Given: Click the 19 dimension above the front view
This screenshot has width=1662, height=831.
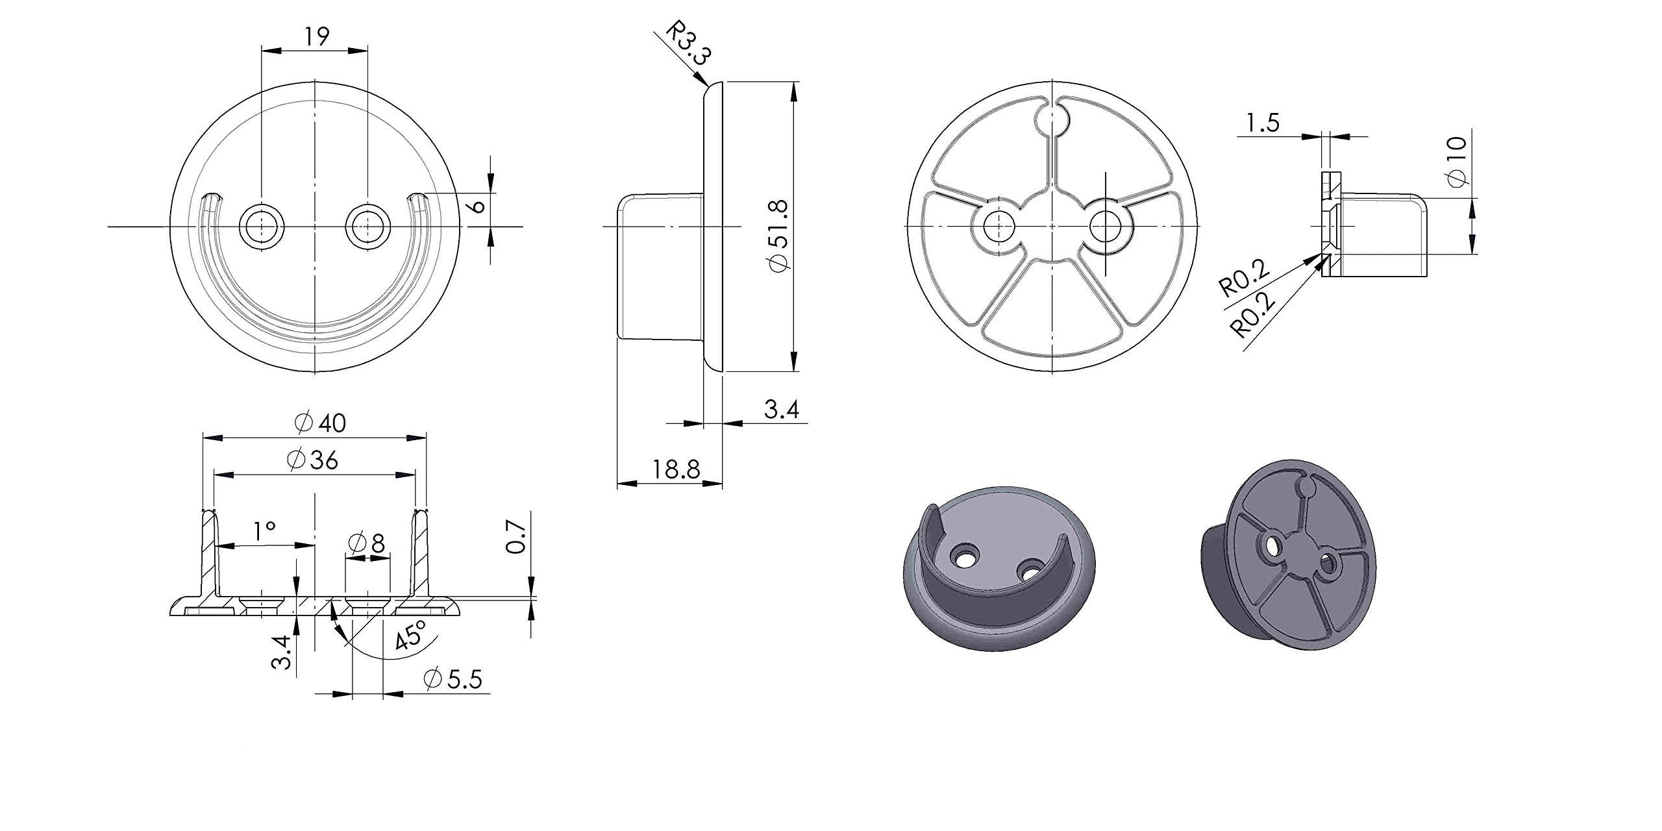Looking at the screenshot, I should click(317, 36).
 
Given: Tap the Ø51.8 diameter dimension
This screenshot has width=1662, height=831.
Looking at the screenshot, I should click(778, 236).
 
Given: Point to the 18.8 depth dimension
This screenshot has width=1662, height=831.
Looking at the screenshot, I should click(676, 469).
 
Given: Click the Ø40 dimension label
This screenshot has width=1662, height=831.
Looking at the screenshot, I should click(321, 423).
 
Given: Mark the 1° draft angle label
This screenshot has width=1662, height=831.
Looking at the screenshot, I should click(264, 532).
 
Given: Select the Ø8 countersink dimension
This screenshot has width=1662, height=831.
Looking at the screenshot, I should click(367, 543).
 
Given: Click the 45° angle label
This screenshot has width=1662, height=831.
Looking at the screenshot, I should click(411, 635).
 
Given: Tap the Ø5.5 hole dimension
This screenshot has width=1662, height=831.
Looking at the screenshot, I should click(453, 680).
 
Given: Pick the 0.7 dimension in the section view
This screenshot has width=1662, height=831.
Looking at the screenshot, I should click(515, 536).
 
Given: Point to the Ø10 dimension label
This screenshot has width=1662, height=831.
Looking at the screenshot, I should click(1457, 161).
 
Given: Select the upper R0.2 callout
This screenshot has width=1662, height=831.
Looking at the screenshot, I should click(1244, 278).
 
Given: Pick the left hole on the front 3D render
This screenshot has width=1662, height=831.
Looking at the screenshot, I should click(965, 556).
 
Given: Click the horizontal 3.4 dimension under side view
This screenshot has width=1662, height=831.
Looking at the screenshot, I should click(781, 410).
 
